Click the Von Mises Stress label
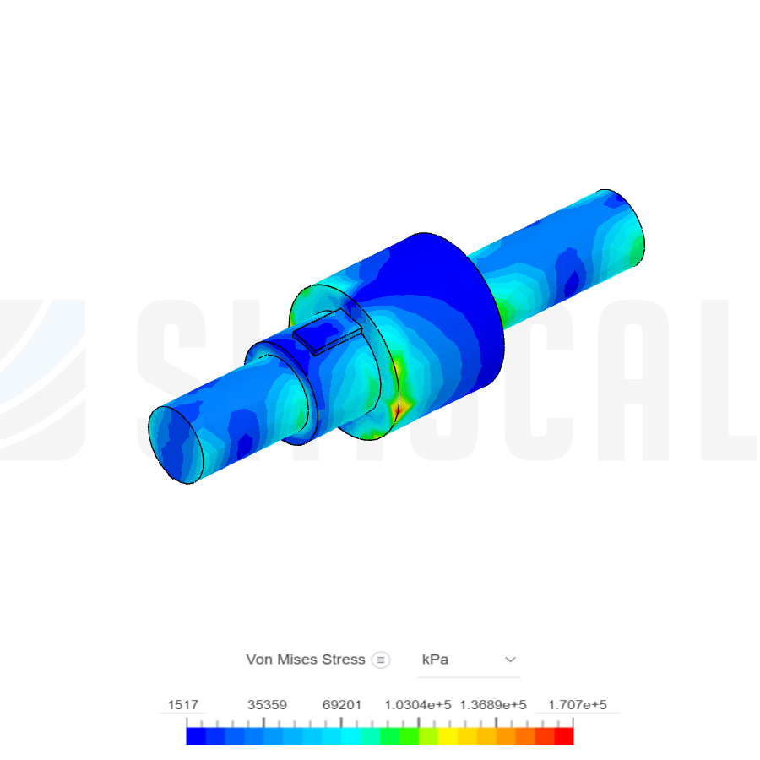[x=305, y=660]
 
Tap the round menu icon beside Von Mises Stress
[x=381, y=660]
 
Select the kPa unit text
[x=435, y=660]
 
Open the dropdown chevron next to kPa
[x=510, y=660]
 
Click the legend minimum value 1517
[x=182, y=705]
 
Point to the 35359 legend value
[x=267, y=705]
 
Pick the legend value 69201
[x=342, y=705]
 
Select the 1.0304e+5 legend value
[x=417, y=705]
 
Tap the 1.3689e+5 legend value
[x=493, y=705]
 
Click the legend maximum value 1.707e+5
[x=578, y=705]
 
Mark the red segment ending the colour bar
[x=564, y=736]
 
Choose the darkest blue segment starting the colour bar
[x=195, y=736]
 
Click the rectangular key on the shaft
[x=325, y=331]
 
